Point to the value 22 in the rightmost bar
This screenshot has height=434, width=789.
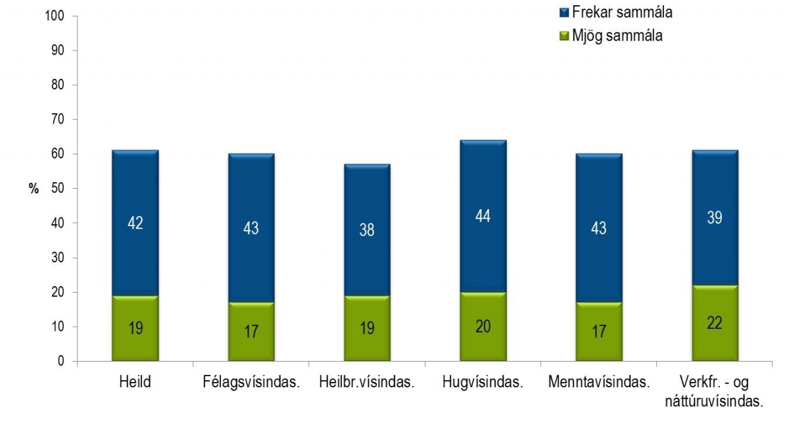tap(715, 324)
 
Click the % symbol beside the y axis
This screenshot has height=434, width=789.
tap(33, 189)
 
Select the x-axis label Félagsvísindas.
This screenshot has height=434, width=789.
tap(251, 383)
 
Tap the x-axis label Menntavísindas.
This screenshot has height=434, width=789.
tap(598, 383)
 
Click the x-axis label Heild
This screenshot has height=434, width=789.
tap(135, 383)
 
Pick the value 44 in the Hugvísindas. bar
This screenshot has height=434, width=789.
tap(483, 216)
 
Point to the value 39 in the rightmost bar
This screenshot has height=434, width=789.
tap(715, 218)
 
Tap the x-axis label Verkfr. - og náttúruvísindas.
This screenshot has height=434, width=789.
tap(715, 391)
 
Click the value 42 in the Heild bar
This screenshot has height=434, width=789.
tap(135, 223)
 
